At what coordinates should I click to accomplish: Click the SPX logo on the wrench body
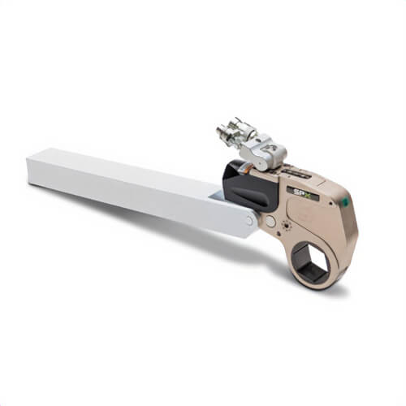[x=303, y=192]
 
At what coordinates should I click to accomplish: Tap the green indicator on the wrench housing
[x=346, y=201]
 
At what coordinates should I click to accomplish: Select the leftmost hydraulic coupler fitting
[x=222, y=132]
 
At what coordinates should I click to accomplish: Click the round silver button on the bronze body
[x=270, y=221]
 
